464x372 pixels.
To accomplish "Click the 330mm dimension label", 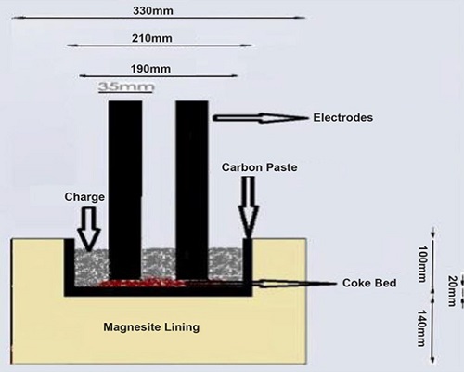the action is pyautogui.click(x=153, y=11).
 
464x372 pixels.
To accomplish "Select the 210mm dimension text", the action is pyautogui.click(x=152, y=38).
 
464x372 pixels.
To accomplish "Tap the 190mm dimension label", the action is pyautogui.click(x=150, y=69).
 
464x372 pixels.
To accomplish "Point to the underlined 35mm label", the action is pyautogui.click(x=126, y=86).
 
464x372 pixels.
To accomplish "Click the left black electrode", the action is pyautogui.click(x=125, y=190).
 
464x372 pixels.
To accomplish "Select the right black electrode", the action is pyautogui.click(x=192, y=190).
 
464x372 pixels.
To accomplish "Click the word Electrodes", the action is pyautogui.click(x=343, y=118).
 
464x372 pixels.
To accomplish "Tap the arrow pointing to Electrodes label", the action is pyautogui.click(x=261, y=118).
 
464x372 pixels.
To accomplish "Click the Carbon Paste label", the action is pyautogui.click(x=259, y=167).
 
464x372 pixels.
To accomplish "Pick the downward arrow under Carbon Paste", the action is pyautogui.click(x=248, y=207).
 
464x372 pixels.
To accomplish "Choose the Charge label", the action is pyautogui.click(x=84, y=197).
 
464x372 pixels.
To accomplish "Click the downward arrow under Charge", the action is pyautogui.click(x=89, y=229).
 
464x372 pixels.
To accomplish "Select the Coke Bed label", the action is pyautogui.click(x=369, y=283).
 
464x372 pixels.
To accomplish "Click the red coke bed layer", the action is pyautogui.click(x=142, y=283).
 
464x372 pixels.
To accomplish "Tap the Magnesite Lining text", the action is pyautogui.click(x=151, y=327).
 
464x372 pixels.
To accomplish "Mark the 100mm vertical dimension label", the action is pyautogui.click(x=422, y=264).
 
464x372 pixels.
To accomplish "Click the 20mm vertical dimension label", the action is pyautogui.click(x=452, y=291).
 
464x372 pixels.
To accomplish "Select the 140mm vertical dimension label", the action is pyautogui.click(x=421, y=328).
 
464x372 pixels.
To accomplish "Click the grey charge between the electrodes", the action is pyautogui.click(x=159, y=263).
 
